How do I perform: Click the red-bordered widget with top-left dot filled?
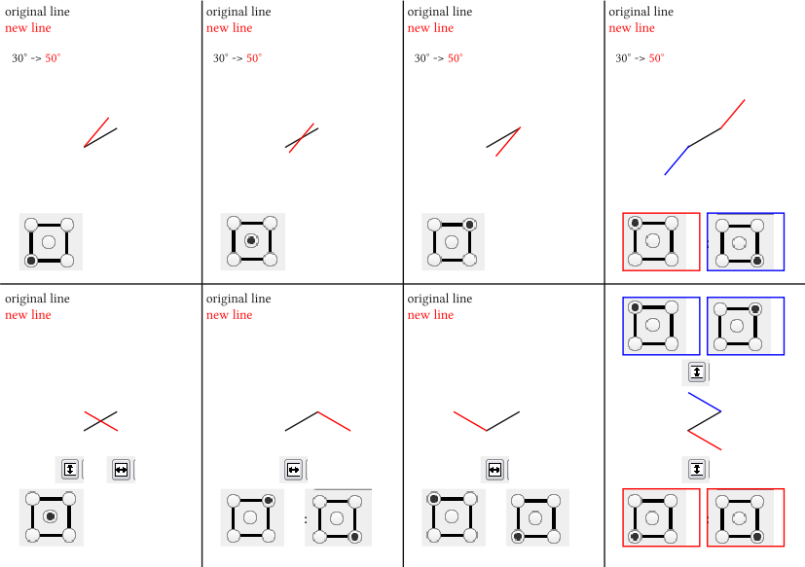661,242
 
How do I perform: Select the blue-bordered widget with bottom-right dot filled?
746,242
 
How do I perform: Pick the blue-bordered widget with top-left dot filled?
661,326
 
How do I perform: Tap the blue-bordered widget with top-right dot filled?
746,326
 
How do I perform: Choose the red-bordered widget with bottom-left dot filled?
661,517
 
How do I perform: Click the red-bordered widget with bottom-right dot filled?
746,517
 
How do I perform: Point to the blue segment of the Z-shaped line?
705,403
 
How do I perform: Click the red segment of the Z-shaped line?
705,441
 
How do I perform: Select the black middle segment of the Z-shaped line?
705,421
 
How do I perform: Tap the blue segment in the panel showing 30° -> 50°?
677,160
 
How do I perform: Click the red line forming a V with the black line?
470,421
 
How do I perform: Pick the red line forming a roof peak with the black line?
334,421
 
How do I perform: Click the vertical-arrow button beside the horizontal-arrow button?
69,469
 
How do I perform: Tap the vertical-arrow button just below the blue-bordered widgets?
697,372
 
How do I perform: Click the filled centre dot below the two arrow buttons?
50,516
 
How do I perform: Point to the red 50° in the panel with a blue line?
657,58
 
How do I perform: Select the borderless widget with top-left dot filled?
454,517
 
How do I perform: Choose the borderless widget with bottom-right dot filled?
338,517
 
